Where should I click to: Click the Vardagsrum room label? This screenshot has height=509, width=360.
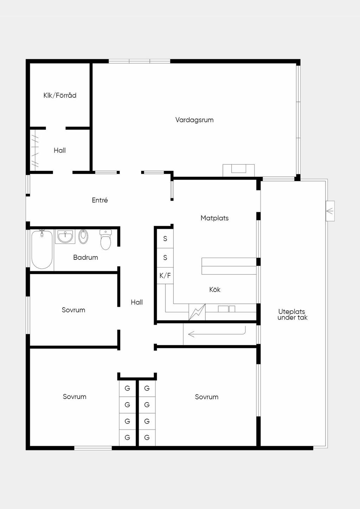(x=194, y=120)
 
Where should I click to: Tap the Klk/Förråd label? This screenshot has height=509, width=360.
(x=60, y=95)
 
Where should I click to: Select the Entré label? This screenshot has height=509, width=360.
(x=100, y=200)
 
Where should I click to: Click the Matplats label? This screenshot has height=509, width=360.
(x=214, y=218)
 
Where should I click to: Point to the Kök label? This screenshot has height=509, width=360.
(x=215, y=290)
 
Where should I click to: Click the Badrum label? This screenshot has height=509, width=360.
(x=85, y=257)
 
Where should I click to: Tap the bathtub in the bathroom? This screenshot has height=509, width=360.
(x=42, y=250)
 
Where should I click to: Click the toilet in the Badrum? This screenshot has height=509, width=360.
(x=106, y=239)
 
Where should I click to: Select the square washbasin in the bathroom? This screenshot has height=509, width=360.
(x=65, y=237)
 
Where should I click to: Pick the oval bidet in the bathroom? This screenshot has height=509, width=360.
(x=83, y=237)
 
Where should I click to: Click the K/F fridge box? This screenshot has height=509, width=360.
(x=165, y=276)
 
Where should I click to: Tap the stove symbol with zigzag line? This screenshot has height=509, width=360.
(x=197, y=312)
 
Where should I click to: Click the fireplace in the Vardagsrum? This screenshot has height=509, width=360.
(x=239, y=170)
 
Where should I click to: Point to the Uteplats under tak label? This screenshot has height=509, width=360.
(x=292, y=315)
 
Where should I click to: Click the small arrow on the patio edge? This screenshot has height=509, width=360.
(x=330, y=211)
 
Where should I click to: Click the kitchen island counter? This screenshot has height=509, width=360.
(x=229, y=266)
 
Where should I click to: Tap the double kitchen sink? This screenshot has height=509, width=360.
(x=227, y=309)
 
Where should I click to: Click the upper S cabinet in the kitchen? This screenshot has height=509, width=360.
(x=165, y=239)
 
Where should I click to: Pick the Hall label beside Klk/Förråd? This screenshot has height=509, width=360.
(x=60, y=150)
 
